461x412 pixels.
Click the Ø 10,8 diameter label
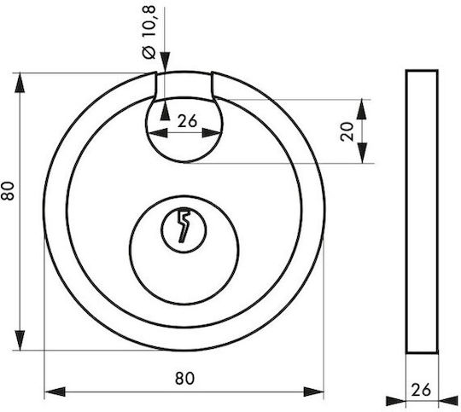click(149, 32)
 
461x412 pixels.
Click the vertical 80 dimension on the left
click(8, 191)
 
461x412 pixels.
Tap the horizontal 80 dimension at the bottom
click(184, 379)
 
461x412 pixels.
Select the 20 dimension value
click(347, 131)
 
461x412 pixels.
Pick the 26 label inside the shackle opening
click(187, 121)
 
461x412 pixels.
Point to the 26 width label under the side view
click(421, 390)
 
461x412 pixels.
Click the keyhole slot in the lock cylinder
click(184, 226)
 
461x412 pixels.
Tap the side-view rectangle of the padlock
click(422, 212)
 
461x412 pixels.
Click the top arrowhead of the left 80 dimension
click(20, 83)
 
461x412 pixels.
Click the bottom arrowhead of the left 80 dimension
click(20, 340)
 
